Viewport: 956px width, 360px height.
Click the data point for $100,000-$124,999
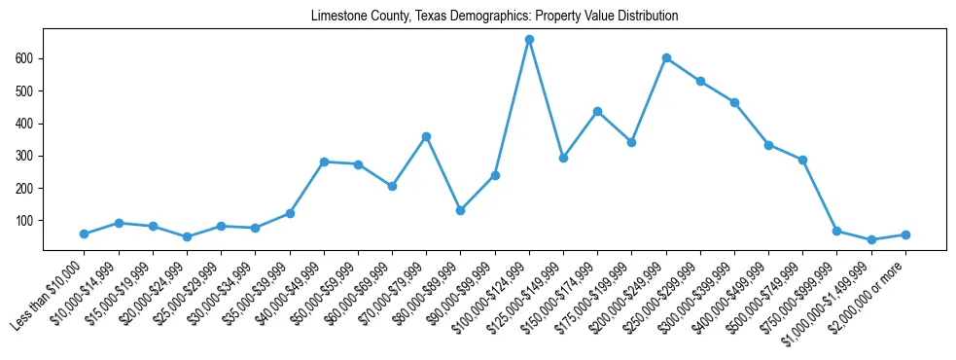point(529,40)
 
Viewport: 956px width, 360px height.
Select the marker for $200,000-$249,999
point(666,58)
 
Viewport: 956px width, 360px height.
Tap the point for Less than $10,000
point(84,234)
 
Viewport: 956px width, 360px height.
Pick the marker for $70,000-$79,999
point(426,136)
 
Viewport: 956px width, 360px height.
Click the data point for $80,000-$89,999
point(460,210)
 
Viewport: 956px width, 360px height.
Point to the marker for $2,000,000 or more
point(905,234)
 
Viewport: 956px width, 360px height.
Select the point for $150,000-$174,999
point(597,111)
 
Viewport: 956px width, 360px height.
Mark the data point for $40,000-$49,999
point(324,162)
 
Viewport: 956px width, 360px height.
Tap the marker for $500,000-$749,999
point(802,160)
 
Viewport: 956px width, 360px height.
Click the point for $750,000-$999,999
point(837,231)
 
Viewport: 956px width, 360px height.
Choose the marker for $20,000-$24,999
point(187,236)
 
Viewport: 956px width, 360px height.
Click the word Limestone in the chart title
point(336,17)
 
